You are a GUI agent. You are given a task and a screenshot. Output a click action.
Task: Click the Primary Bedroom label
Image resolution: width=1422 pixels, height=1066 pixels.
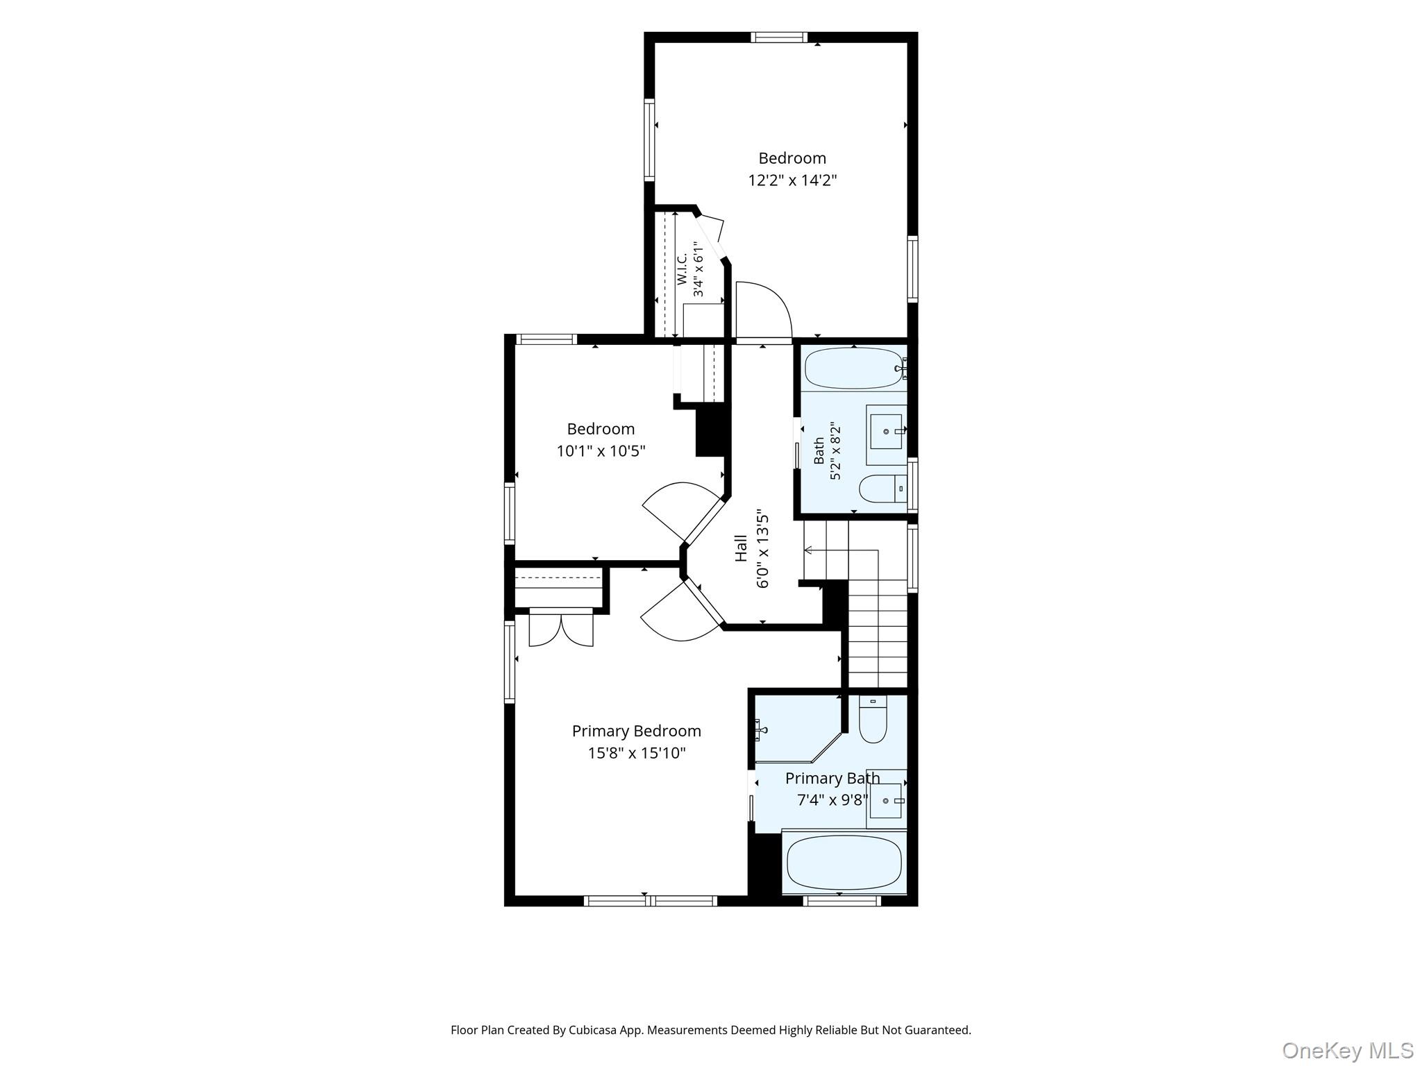tap(636, 731)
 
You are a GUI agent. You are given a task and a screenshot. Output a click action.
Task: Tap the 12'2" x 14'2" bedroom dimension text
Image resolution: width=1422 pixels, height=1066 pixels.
tap(792, 180)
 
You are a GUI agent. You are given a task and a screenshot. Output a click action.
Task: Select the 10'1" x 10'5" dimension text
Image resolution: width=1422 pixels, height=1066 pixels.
tap(601, 451)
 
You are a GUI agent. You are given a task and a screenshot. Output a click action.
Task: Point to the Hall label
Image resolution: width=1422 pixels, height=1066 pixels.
tap(742, 548)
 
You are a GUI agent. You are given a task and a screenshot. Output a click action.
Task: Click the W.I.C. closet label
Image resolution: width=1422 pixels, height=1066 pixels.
tap(682, 269)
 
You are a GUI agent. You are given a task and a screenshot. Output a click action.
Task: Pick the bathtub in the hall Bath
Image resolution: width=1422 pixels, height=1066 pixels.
tap(853, 369)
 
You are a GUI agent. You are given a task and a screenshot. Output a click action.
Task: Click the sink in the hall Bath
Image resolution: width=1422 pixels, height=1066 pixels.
tap(887, 431)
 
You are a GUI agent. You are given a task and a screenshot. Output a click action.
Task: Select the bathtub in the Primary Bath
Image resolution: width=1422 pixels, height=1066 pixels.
tap(844, 862)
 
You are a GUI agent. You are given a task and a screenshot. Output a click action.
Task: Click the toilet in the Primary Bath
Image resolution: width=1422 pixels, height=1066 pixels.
tap(873, 719)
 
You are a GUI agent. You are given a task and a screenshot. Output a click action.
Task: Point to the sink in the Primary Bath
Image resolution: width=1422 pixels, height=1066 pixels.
tap(886, 800)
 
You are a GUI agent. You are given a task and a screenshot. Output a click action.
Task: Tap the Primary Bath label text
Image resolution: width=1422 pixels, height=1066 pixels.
tap(833, 778)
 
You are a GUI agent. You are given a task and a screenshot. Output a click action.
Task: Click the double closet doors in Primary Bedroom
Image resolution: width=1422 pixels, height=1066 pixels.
tap(561, 628)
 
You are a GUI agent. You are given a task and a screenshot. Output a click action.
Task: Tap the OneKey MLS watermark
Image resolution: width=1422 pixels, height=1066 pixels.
tap(1348, 1051)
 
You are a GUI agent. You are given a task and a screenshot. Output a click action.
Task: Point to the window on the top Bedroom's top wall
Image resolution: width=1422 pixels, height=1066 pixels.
tap(779, 37)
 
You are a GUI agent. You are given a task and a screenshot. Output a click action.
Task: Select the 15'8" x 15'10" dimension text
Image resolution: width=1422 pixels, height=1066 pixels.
tap(637, 753)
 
